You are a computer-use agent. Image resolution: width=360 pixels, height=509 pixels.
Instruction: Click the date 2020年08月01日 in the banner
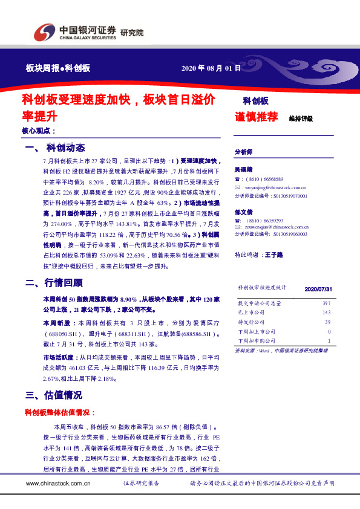point(211,68)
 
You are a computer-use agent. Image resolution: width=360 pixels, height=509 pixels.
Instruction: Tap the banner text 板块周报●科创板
point(58,68)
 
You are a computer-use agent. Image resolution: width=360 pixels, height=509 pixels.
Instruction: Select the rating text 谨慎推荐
point(256,117)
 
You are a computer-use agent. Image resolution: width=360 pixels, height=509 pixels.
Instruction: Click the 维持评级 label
point(301,118)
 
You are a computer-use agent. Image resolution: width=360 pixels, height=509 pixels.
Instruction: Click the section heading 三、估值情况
point(54,395)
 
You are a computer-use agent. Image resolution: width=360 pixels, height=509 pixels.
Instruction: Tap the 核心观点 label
point(38,131)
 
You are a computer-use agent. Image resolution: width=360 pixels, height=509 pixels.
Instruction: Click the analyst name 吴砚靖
point(244,171)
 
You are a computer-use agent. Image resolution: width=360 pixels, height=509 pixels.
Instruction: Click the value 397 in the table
point(326,303)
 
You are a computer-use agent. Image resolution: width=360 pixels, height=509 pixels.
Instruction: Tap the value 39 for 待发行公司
point(327,322)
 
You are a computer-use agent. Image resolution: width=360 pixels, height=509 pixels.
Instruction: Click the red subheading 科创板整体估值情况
point(59,412)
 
